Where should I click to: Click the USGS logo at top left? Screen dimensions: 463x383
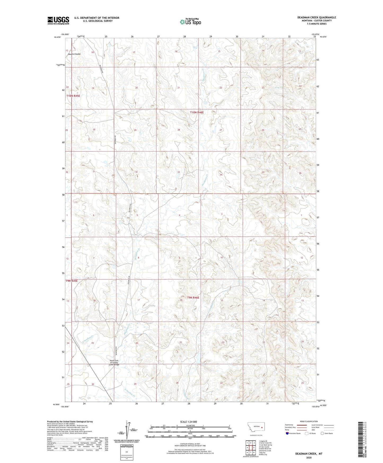[x=58, y=20]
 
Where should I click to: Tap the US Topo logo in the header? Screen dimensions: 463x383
[x=190, y=22]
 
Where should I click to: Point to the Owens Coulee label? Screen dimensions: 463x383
[x=74, y=54]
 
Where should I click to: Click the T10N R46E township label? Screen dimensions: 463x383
[x=197, y=112]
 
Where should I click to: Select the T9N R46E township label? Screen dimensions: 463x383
[x=193, y=298]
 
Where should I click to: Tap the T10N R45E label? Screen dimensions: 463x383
[x=73, y=96]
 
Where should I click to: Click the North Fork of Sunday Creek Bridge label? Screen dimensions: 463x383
[x=115, y=362]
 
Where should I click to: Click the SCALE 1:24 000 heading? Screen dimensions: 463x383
[x=188, y=422]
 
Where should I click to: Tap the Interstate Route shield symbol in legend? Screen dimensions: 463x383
[x=288, y=433]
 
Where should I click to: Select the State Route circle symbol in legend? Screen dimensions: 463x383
[x=322, y=433]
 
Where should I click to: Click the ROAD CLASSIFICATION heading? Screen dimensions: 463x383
[x=309, y=421]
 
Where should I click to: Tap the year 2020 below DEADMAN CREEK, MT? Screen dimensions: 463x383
[x=309, y=457]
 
